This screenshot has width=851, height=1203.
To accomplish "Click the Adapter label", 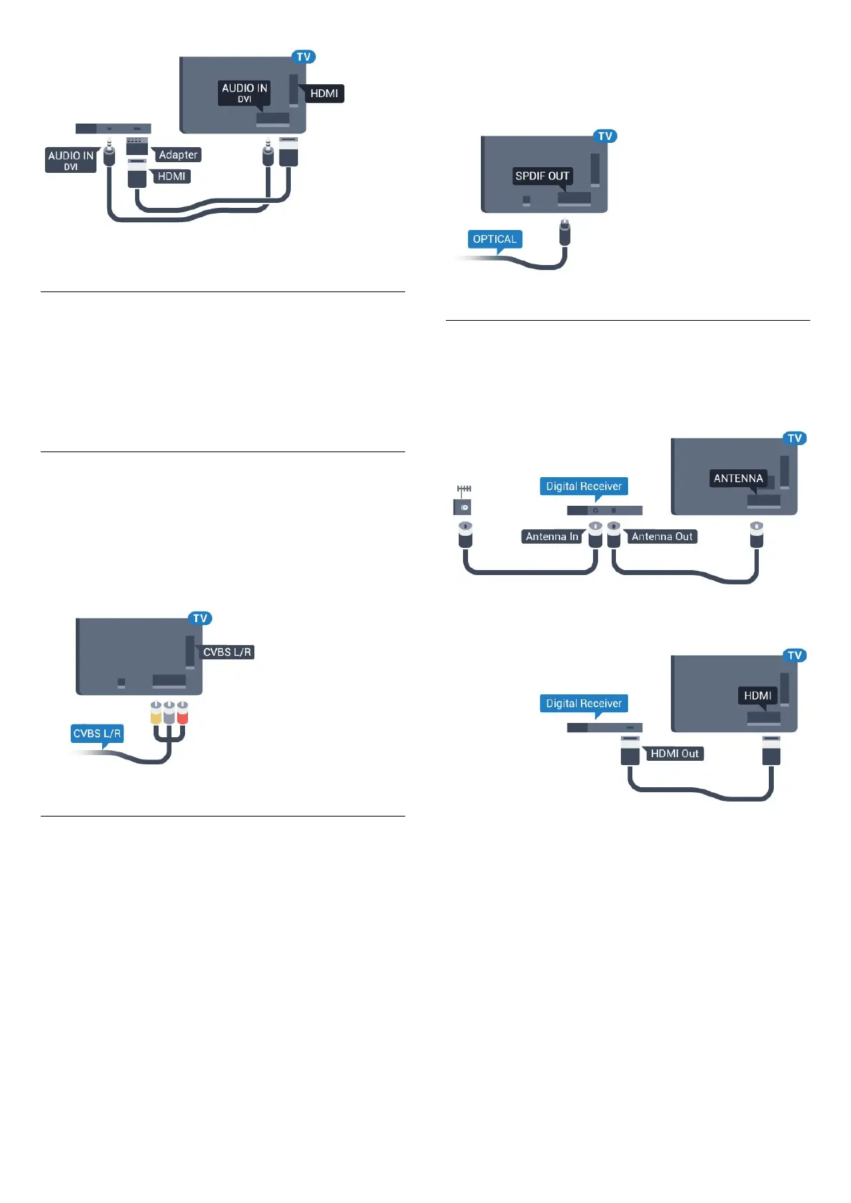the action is pyautogui.click(x=178, y=155).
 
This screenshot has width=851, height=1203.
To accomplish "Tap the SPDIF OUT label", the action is pyautogui.click(x=542, y=176).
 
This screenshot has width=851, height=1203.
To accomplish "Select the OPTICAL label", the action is pyautogui.click(x=494, y=239).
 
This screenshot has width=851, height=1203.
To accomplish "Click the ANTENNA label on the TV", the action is pyautogui.click(x=738, y=479).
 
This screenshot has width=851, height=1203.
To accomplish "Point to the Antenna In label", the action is pyautogui.click(x=552, y=536).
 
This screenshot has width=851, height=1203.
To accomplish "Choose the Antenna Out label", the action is pyautogui.click(x=662, y=536).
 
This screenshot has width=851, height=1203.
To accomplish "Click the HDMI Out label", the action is pyautogui.click(x=675, y=754).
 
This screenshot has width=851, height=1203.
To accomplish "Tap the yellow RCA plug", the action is pyautogui.click(x=156, y=713).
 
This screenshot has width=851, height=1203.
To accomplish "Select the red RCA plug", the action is pyautogui.click(x=182, y=713).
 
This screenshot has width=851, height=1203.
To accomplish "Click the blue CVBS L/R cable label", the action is pyautogui.click(x=97, y=734).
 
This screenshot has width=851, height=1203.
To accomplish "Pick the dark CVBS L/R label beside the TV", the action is pyautogui.click(x=227, y=652).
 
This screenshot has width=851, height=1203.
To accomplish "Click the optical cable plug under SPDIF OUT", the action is pyautogui.click(x=564, y=233).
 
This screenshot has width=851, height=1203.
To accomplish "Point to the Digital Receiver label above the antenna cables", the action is pyautogui.click(x=584, y=486).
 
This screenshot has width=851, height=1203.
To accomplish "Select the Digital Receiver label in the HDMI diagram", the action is pyautogui.click(x=584, y=704).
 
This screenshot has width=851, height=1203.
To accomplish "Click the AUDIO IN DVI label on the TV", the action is pyautogui.click(x=244, y=93).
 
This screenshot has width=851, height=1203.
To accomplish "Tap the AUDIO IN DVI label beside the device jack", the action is pyautogui.click(x=71, y=160).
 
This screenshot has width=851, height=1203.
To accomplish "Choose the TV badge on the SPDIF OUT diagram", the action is pyautogui.click(x=605, y=136).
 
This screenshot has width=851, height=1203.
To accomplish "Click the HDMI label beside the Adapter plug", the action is pyautogui.click(x=171, y=176).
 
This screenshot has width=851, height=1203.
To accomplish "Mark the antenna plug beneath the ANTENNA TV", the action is pyautogui.click(x=757, y=535).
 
